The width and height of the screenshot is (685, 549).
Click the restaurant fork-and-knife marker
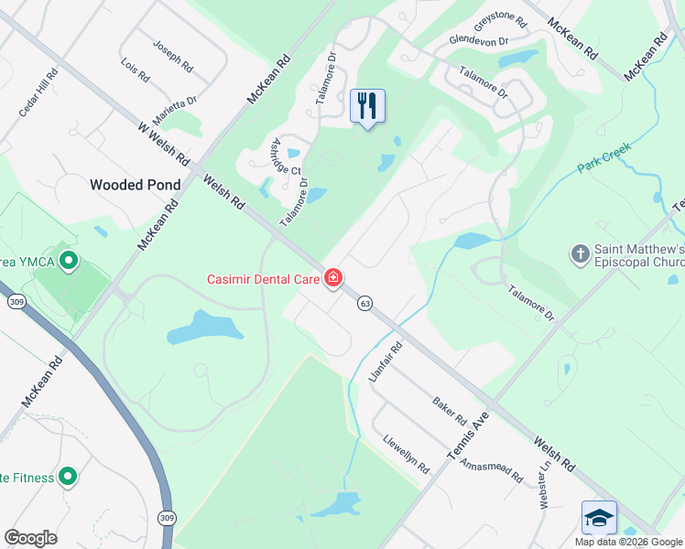(367, 105)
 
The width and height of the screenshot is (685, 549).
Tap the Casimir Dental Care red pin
(333, 277)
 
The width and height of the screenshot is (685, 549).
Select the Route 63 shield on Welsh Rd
(364, 303)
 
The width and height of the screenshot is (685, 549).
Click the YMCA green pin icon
(67, 263)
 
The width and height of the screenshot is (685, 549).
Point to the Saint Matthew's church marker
(579, 253)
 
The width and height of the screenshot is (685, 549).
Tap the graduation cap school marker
(599, 518)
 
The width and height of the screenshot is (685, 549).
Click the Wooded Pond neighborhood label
(135, 185)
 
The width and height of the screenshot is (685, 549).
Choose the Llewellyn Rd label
(407, 453)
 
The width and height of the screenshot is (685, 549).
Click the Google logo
(30, 538)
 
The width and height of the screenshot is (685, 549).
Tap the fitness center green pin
(67, 477)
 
